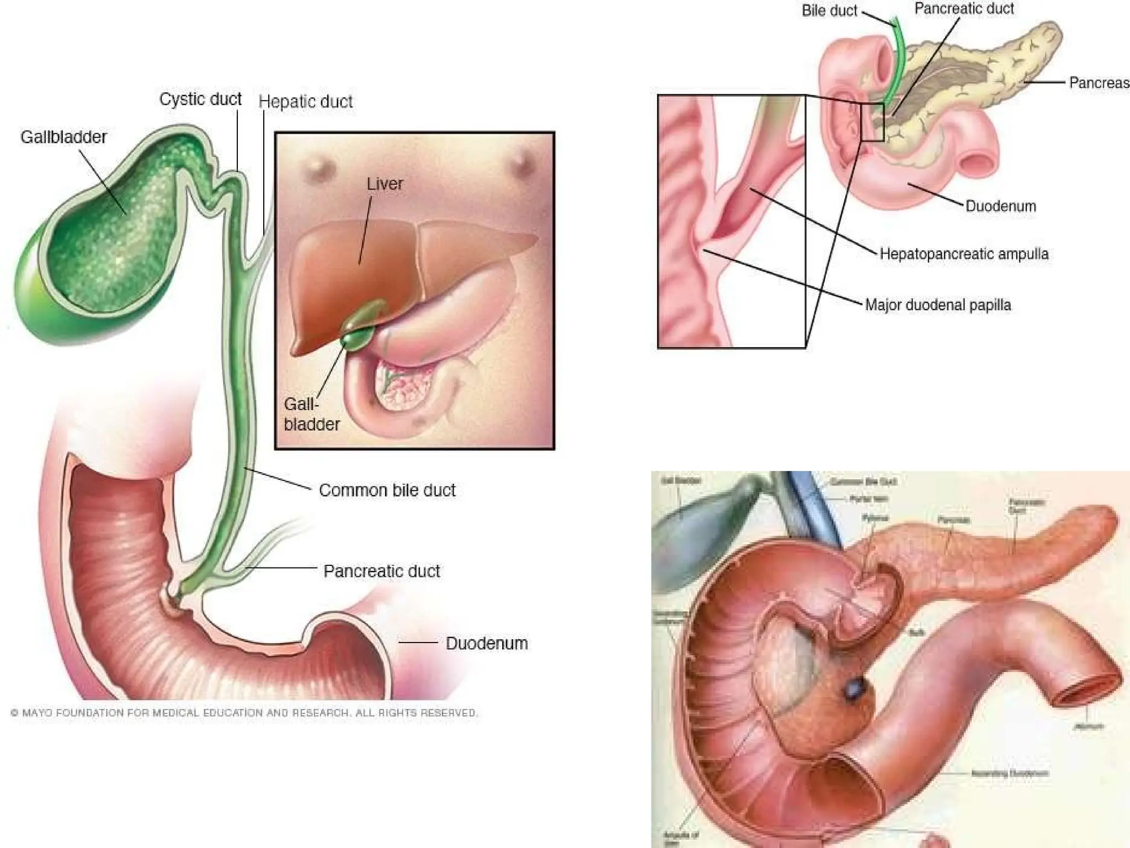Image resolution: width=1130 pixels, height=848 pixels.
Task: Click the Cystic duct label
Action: [x=200, y=99]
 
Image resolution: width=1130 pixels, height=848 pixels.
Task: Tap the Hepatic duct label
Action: [x=305, y=102]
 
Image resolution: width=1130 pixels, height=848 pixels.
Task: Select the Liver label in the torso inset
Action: [x=385, y=184]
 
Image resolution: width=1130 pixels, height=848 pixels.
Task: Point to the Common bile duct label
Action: [x=387, y=490]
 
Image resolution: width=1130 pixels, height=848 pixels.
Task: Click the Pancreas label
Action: [x=1099, y=83]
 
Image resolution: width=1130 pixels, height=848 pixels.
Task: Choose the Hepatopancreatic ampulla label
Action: [x=963, y=254]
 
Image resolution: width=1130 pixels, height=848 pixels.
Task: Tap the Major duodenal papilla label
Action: [x=937, y=305]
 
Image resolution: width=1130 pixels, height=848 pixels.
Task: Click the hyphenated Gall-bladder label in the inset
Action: [x=311, y=414]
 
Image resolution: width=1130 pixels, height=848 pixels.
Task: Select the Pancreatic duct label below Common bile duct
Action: [x=381, y=571]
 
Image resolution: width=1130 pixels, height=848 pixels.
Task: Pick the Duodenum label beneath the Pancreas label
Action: [x=1000, y=206]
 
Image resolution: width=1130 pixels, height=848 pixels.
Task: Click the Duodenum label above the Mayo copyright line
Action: [x=486, y=643]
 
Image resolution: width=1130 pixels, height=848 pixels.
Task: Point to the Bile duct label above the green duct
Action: [x=829, y=11]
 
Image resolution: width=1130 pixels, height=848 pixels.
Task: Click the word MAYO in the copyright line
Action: [x=37, y=713]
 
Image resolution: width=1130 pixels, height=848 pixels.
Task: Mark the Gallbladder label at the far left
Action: [x=63, y=137]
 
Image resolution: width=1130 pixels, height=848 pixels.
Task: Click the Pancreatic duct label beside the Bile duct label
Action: [x=964, y=9]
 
